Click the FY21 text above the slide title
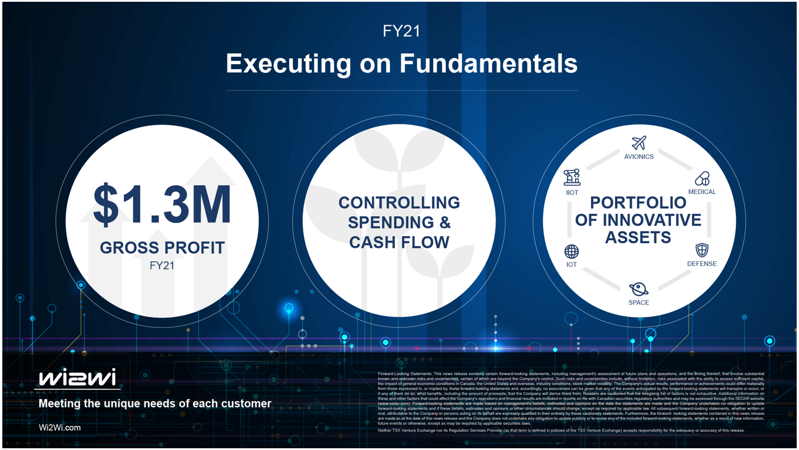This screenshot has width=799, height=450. (402, 31)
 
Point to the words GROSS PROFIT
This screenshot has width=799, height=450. (162, 248)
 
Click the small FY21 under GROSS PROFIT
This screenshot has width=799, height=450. (162, 265)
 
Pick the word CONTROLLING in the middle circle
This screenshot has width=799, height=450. (399, 203)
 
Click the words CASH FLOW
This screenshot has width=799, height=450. (399, 242)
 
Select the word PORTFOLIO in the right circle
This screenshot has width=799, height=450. (638, 203)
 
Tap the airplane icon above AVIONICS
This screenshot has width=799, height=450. (639, 143)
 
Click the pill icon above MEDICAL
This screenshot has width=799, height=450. (701, 178)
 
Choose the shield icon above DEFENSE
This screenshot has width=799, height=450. (701, 250)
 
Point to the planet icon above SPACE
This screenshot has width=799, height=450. (638, 289)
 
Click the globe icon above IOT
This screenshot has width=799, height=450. (571, 251)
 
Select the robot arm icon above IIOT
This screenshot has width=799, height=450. (572, 177)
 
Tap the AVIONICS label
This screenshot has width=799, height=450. (639, 157)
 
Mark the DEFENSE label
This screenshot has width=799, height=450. (701, 264)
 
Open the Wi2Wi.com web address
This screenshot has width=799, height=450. (60, 427)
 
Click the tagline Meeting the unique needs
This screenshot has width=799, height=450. (154, 403)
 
